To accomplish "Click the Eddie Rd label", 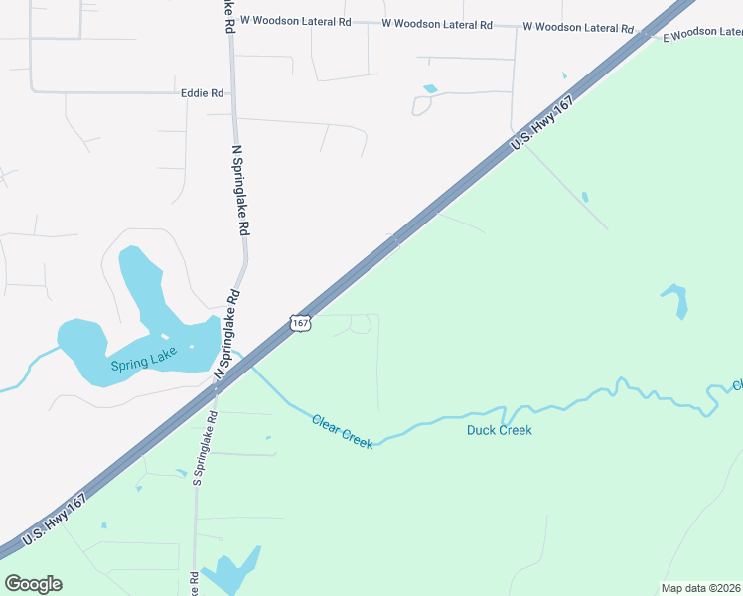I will click(x=202, y=93).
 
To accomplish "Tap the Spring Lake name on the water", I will click(x=144, y=363).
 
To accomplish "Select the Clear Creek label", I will click(x=343, y=431).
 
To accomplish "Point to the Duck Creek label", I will click(x=500, y=430).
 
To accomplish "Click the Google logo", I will click(x=33, y=584).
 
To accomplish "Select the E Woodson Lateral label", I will click(x=703, y=33).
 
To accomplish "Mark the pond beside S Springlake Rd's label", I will click(x=234, y=570).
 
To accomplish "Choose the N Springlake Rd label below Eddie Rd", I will click(x=239, y=190).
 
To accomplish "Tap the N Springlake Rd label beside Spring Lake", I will click(x=227, y=333).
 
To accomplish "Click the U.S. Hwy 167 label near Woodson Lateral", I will click(x=542, y=126).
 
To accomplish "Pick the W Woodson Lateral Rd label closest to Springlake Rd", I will click(x=296, y=20).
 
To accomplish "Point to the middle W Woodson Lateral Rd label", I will click(x=436, y=23).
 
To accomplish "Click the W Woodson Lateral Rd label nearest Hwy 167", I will click(x=577, y=27).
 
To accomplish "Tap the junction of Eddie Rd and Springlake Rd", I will click(x=232, y=93).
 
